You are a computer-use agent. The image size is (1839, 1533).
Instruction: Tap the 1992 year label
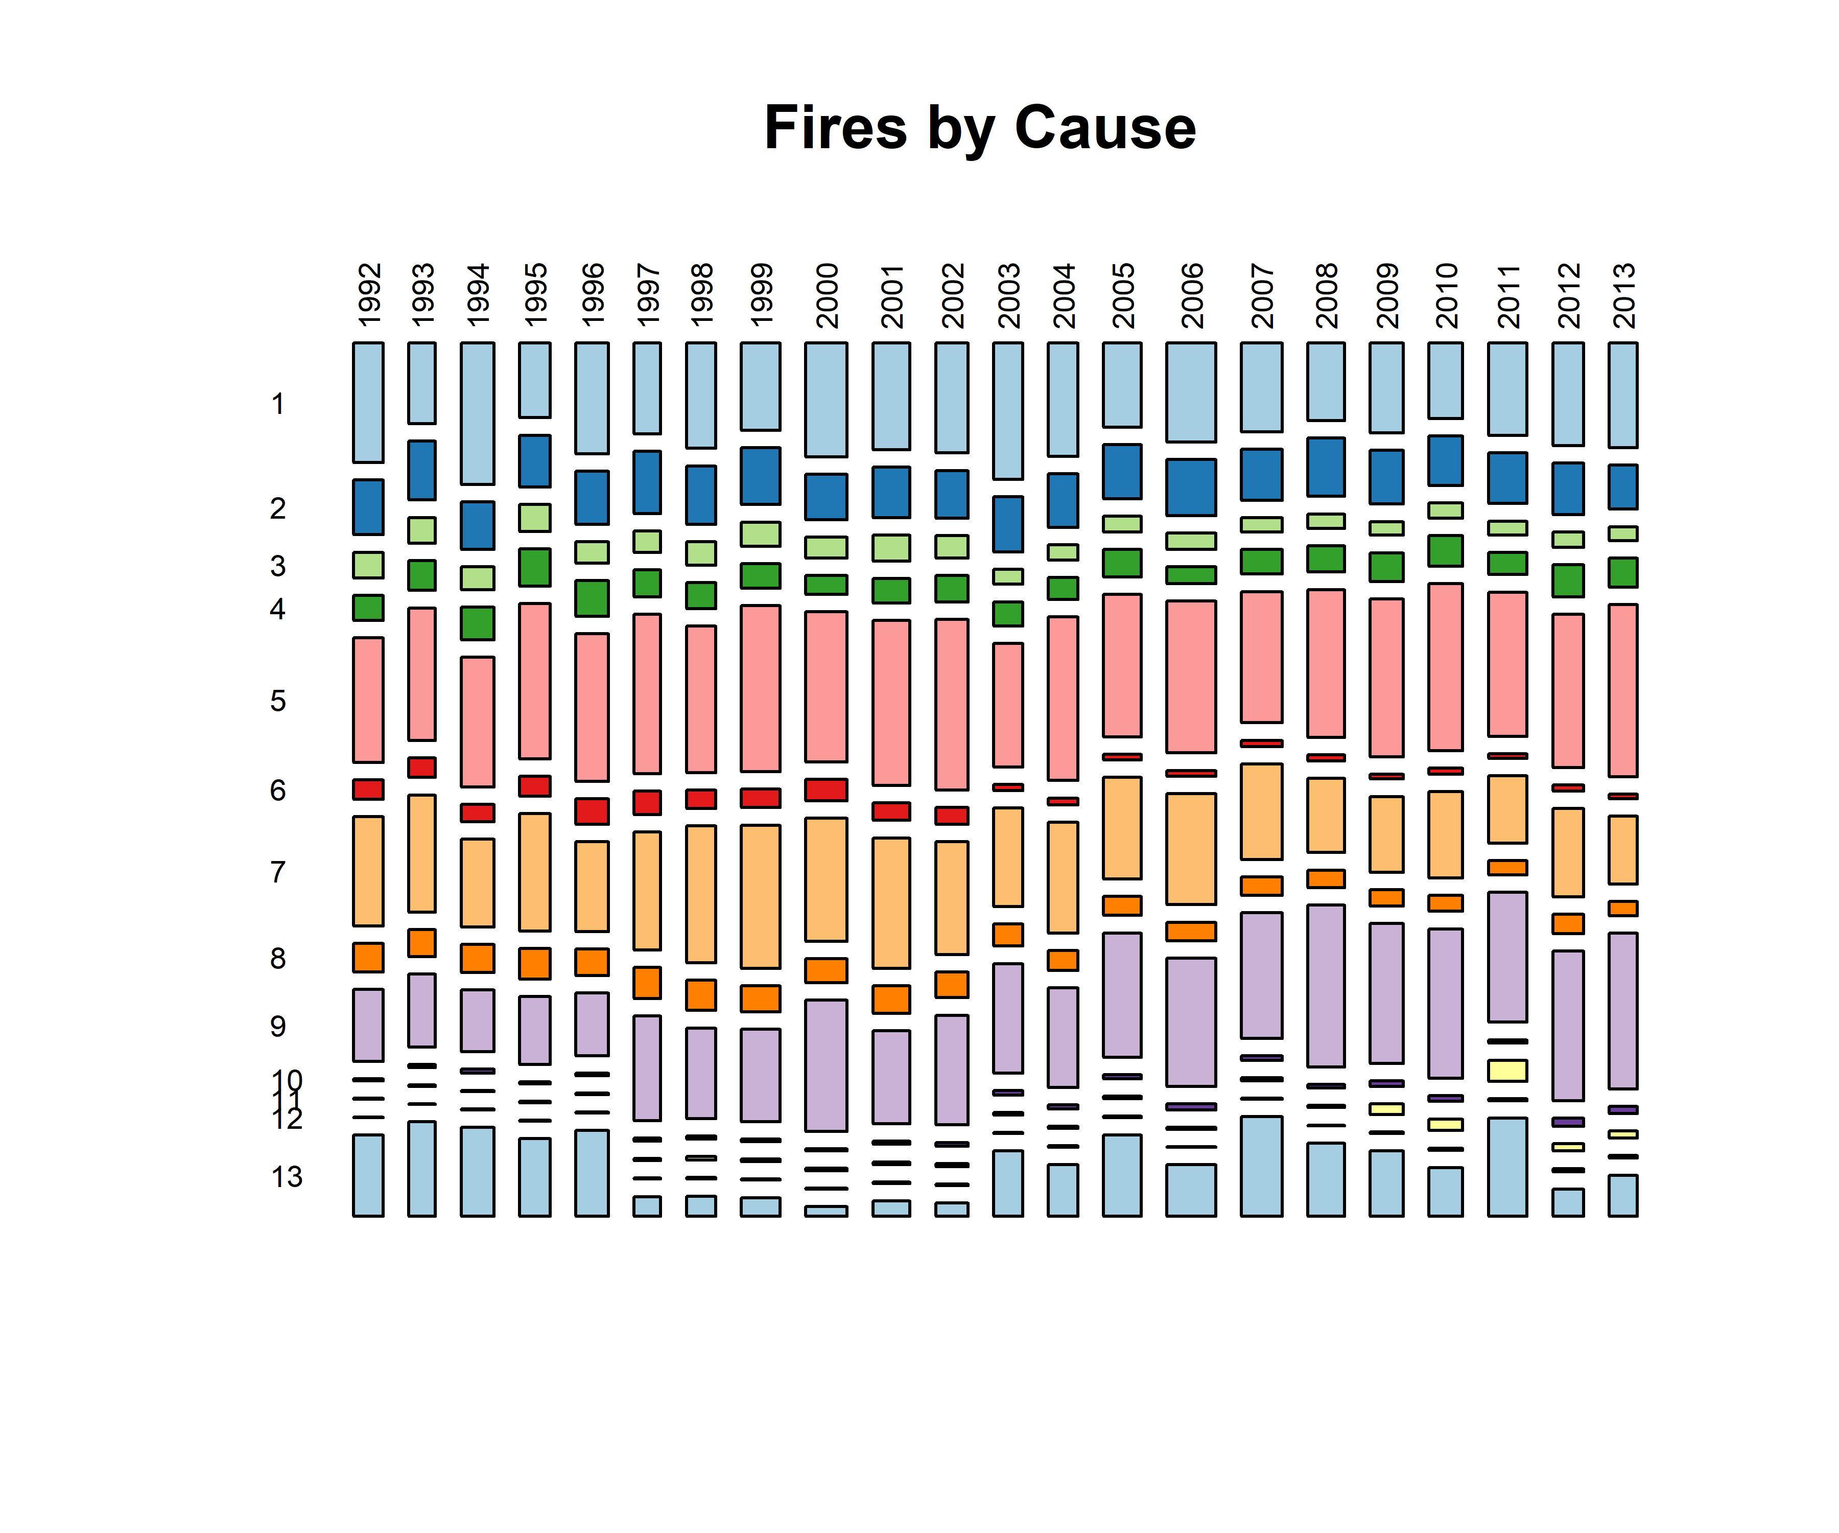point(369,294)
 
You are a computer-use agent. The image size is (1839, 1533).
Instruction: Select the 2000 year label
point(827,294)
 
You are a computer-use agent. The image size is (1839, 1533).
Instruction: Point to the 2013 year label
point(1623,294)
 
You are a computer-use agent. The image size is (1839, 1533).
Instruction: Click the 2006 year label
point(1191,294)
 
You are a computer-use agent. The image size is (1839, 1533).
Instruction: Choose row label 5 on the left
point(277,701)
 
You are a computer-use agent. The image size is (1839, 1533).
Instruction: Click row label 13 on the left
point(287,1176)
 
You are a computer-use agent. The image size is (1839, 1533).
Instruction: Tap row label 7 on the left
point(277,872)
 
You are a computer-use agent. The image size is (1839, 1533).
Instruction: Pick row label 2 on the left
point(277,508)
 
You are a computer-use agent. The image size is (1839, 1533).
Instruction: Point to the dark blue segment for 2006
point(1191,487)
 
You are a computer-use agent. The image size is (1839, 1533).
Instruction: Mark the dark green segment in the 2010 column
point(1446,550)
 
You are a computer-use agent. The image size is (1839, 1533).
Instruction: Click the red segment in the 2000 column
point(826,789)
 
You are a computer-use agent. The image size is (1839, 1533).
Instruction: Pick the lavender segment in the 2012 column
point(1568,1025)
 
